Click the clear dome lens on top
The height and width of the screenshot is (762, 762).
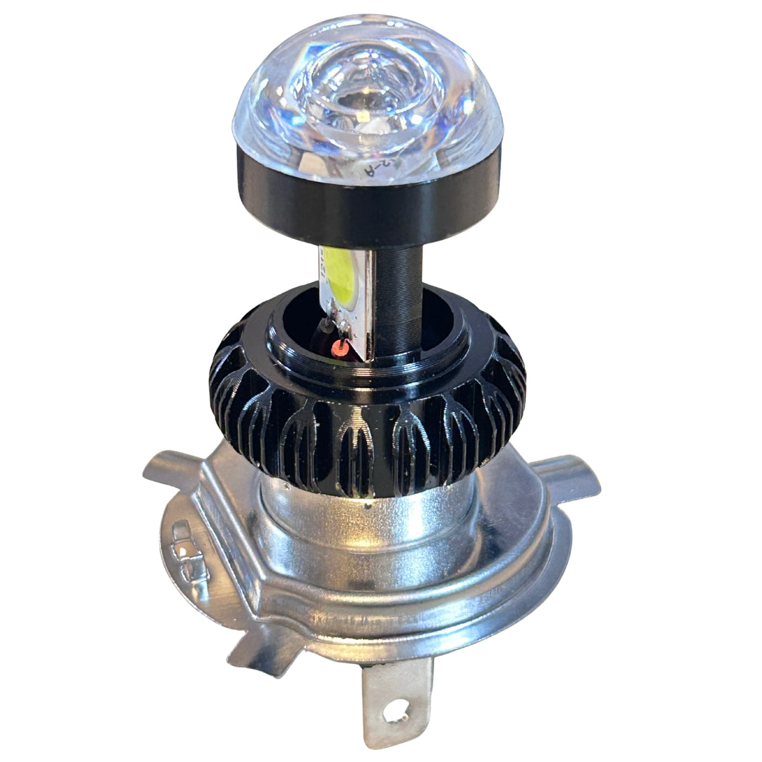(367, 92)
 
